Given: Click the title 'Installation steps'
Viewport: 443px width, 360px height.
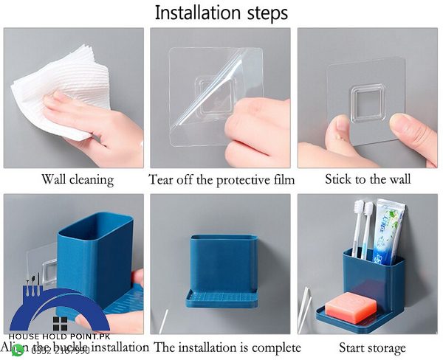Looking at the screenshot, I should tap(221, 13).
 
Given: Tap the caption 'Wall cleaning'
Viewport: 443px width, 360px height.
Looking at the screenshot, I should tap(77, 179).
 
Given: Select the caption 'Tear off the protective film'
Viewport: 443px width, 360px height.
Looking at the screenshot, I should tap(221, 179).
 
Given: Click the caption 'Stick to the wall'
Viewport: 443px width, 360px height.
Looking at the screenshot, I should tap(368, 179).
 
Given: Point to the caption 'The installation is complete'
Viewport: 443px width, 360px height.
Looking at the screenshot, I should tap(227, 347).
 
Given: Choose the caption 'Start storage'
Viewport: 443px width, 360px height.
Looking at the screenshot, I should tap(372, 347).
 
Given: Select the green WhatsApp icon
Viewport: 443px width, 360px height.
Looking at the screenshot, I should tap(18, 350).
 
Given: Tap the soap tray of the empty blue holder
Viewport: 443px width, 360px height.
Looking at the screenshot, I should tap(224, 295).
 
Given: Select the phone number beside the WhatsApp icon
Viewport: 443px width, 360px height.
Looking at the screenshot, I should tap(61, 350).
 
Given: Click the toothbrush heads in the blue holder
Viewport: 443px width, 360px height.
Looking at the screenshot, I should tap(363, 211).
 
